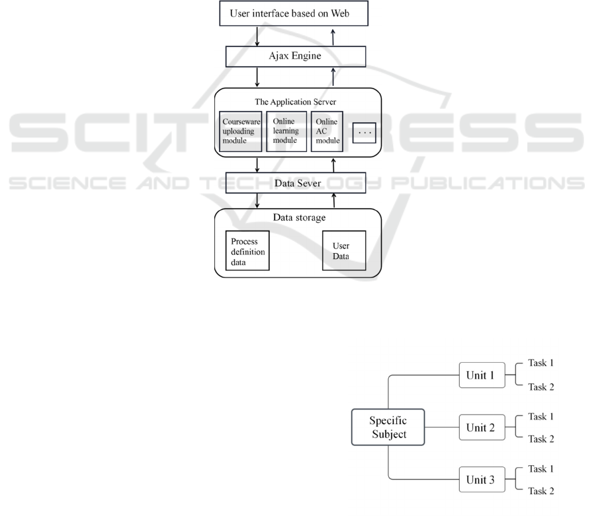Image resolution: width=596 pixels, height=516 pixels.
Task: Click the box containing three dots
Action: pos(364,131)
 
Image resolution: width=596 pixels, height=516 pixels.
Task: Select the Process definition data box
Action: pos(247,250)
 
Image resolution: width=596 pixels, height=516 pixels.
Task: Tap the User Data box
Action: pos(343,250)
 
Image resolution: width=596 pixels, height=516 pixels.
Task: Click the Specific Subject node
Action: pos(388,427)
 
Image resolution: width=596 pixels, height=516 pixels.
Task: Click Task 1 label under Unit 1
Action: pos(540,363)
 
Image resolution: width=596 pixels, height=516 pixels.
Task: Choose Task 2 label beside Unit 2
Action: pos(540,439)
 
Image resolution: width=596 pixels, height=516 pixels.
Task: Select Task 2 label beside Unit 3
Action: pos(540,491)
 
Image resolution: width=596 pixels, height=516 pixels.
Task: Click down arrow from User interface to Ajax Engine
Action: pos(257,35)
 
